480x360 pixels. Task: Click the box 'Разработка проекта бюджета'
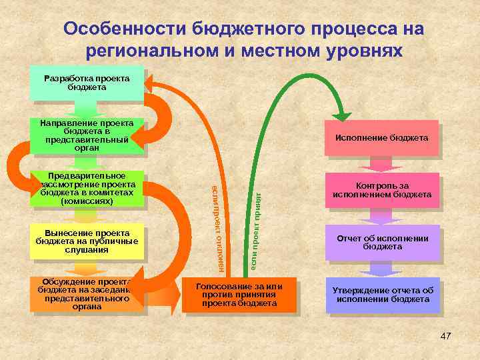(x=87, y=83)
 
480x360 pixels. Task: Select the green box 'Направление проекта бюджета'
(x=87, y=136)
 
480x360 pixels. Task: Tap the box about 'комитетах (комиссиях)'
(x=87, y=188)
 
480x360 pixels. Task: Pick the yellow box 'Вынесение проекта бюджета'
(x=87, y=241)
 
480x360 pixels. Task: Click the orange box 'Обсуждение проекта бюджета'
(x=87, y=294)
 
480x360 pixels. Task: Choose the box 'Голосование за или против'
(x=239, y=295)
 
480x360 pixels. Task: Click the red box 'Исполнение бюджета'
(x=381, y=138)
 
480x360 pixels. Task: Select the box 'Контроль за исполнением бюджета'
(x=383, y=191)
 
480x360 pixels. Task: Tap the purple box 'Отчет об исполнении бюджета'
(x=383, y=242)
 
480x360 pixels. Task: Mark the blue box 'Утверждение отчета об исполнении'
(x=383, y=295)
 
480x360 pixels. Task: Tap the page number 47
(x=446, y=335)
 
